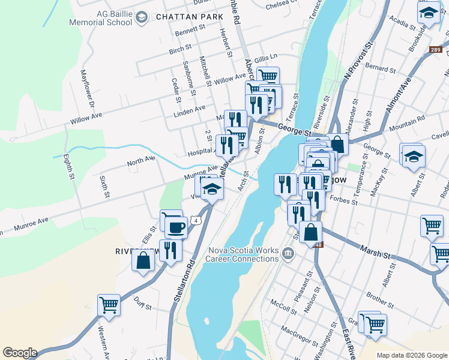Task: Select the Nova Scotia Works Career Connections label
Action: point(243,254)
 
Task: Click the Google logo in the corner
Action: point(20,353)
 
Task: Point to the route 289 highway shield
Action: point(436,50)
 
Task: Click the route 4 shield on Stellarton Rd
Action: point(196,220)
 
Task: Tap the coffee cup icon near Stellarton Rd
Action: point(176,227)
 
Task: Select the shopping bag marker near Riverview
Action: point(143,261)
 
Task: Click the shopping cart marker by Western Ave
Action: point(109,305)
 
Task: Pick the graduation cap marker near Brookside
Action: point(429,13)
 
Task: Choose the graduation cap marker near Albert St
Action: point(412,157)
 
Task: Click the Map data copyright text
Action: point(411,355)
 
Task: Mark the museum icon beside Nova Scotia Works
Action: point(288,254)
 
